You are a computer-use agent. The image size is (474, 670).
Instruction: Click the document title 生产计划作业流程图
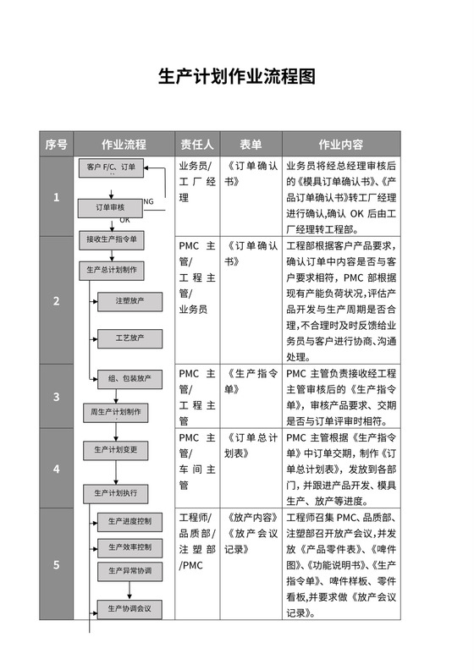(237, 78)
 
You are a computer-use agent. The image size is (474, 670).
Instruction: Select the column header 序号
(57, 144)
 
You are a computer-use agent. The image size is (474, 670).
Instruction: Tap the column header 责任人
(197, 144)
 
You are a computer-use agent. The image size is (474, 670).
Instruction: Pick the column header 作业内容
(341, 144)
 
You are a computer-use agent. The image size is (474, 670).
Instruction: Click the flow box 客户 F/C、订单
(112, 167)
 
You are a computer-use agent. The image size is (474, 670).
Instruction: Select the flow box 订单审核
(111, 206)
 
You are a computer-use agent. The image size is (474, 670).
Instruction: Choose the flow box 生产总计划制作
(113, 271)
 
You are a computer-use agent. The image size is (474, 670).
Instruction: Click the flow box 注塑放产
(130, 300)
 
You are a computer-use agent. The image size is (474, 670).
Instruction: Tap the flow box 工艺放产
(130, 338)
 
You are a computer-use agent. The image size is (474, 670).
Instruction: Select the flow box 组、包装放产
(130, 379)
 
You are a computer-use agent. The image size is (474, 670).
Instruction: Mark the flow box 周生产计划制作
(116, 412)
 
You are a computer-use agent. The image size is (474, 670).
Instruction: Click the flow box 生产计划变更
(116, 449)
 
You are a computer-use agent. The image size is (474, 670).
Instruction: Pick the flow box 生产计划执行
(116, 492)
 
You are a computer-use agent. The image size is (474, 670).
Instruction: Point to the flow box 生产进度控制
(130, 521)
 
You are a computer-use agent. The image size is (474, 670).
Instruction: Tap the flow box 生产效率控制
(130, 546)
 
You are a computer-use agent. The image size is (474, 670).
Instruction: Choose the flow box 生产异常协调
(130, 571)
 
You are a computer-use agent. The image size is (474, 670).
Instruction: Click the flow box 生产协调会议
(130, 607)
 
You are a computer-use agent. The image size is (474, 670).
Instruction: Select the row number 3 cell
(57, 396)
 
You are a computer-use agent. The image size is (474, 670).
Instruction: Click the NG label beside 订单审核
(149, 201)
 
